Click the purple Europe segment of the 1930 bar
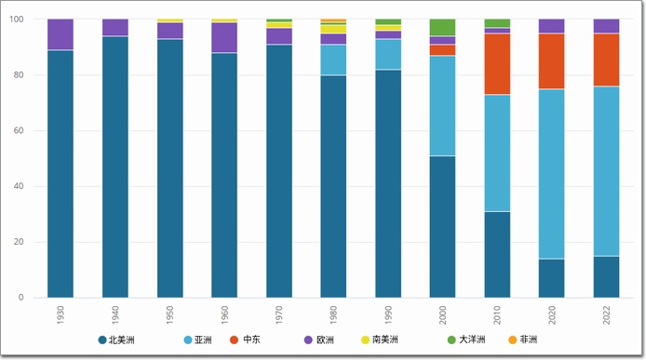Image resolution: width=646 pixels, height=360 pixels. pyautogui.click(x=61, y=34)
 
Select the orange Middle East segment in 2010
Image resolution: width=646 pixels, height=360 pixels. pyautogui.click(x=497, y=64)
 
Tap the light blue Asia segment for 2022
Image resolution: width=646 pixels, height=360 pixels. pyautogui.click(x=606, y=171)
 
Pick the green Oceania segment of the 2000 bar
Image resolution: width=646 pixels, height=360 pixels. pyautogui.click(x=442, y=27)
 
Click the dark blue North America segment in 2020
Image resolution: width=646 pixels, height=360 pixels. pyautogui.click(x=552, y=278)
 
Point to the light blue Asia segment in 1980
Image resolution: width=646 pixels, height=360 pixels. pyautogui.click(x=333, y=60)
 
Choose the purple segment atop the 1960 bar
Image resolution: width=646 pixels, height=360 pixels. pyautogui.click(x=224, y=37)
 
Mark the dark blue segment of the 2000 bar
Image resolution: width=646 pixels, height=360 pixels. pyautogui.click(x=442, y=227)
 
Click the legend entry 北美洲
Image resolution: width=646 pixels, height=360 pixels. pyautogui.click(x=116, y=340)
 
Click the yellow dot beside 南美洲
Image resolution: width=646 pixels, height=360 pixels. pyautogui.click(x=365, y=340)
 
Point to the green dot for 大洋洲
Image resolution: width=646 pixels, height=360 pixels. pyautogui.click(x=451, y=340)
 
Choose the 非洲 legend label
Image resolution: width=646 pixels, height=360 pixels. pyautogui.click(x=529, y=340)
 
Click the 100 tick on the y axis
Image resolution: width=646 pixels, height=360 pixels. pyautogui.click(x=17, y=19)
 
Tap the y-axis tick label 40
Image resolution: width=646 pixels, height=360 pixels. pyautogui.click(x=19, y=186)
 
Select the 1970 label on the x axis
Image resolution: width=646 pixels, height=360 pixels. pyautogui.click(x=279, y=314)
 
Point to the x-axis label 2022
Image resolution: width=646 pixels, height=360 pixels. pyautogui.click(x=606, y=314)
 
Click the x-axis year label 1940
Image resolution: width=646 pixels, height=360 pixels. pyautogui.click(x=114, y=314)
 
